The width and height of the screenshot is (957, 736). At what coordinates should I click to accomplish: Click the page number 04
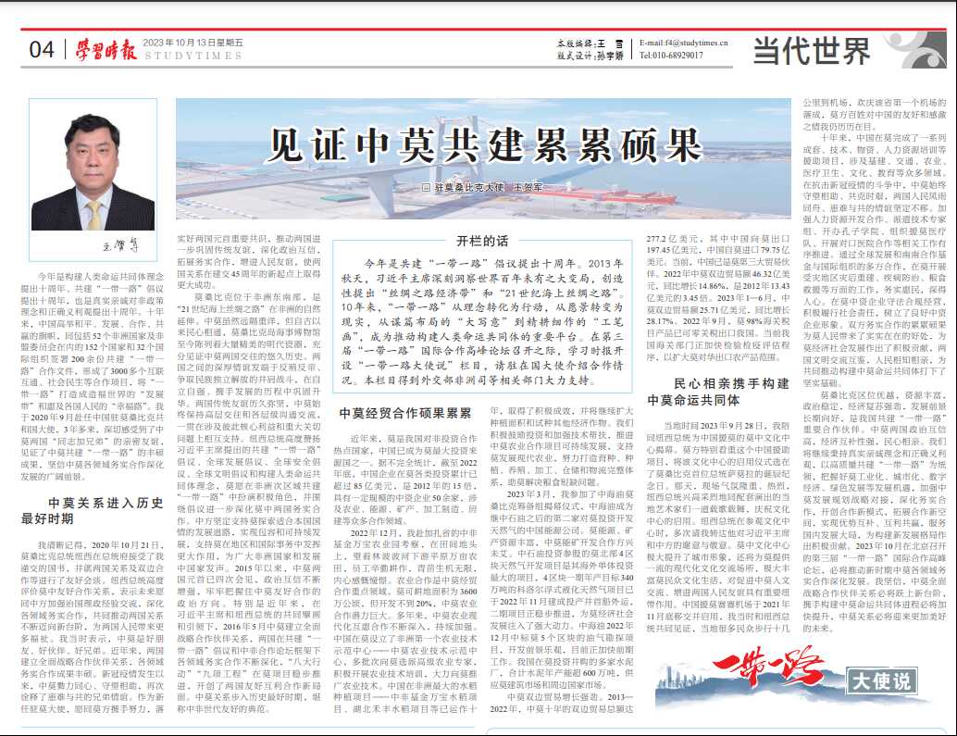pyautogui.click(x=42, y=49)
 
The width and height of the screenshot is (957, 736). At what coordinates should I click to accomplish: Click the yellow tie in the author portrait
pyautogui.click(x=93, y=215)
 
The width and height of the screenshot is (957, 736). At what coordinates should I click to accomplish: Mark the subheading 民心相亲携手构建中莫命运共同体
pyautogui.click(x=718, y=390)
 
